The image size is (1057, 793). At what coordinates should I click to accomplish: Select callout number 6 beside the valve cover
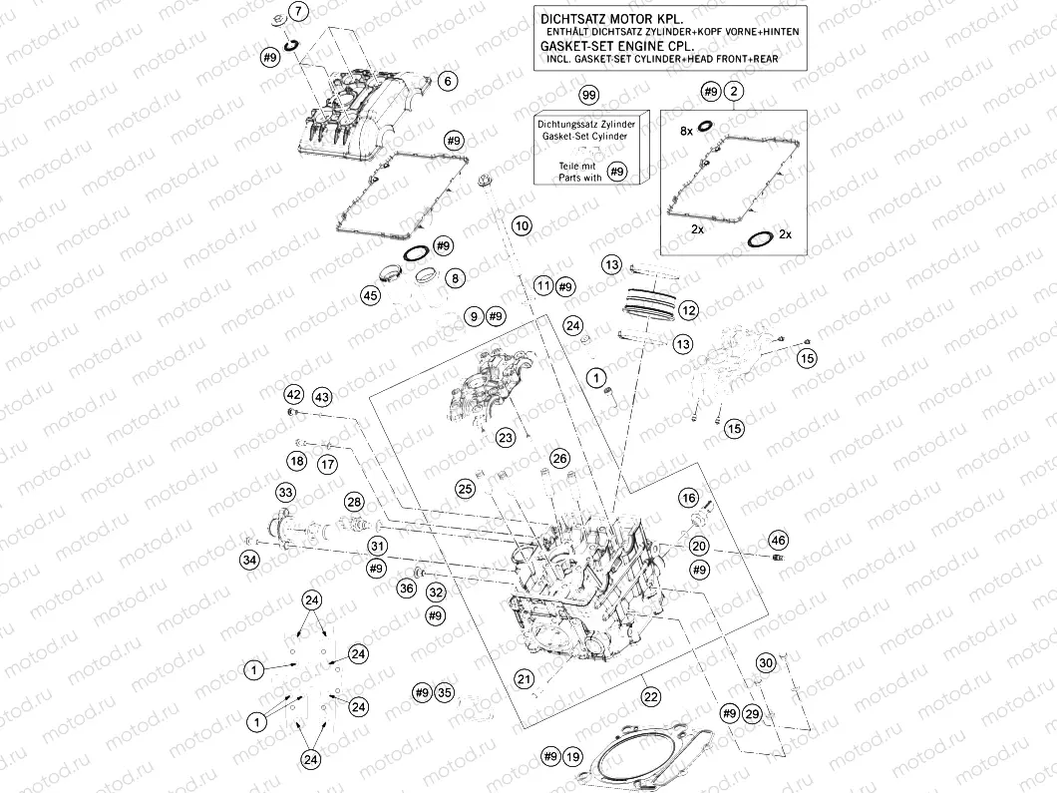click(448, 81)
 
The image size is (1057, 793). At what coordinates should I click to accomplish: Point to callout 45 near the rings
click(370, 295)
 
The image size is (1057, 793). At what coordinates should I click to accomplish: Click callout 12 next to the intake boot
click(688, 310)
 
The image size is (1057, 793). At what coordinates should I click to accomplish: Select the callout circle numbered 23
click(506, 437)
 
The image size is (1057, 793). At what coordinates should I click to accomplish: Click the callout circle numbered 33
click(285, 493)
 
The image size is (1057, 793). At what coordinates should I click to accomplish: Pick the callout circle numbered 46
click(778, 541)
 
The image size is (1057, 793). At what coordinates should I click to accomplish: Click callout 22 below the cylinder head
click(650, 695)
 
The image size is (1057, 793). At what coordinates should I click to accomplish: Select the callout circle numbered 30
click(765, 663)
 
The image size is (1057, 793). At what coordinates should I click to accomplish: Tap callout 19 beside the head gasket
click(571, 757)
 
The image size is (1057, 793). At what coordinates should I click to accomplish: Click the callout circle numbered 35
click(445, 692)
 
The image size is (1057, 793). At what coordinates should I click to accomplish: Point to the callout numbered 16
click(688, 498)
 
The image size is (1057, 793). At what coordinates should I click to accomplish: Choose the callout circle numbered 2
click(734, 92)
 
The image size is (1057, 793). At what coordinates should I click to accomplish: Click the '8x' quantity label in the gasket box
click(686, 131)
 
